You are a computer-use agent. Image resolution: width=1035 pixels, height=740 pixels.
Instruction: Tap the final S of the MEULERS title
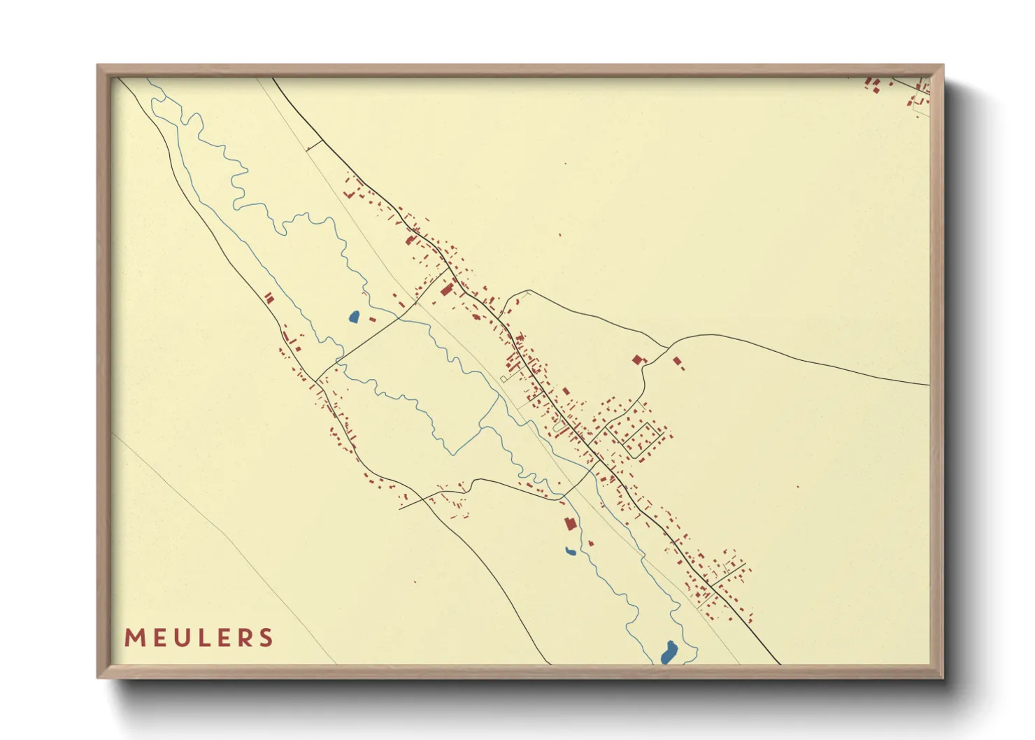(x=266, y=638)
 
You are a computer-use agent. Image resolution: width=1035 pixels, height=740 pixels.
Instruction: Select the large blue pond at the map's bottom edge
(x=669, y=653)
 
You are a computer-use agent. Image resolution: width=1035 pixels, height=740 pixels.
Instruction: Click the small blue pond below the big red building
(x=571, y=552)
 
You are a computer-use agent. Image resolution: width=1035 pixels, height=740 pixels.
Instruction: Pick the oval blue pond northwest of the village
(x=354, y=317)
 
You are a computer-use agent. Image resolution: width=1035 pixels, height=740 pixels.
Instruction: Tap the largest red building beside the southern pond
(x=570, y=523)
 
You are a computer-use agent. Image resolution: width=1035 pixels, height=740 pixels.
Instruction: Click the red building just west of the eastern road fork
(x=637, y=360)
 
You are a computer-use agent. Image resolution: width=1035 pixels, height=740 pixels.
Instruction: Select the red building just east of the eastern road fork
(x=677, y=362)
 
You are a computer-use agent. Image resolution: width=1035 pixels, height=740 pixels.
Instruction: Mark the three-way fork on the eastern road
(x=668, y=346)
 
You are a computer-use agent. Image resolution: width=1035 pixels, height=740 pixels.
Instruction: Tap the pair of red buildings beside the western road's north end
(x=269, y=298)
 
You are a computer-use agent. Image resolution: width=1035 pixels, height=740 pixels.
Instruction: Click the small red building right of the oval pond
(x=373, y=320)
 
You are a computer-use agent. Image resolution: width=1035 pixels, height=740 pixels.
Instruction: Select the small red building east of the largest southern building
(x=591, y=543)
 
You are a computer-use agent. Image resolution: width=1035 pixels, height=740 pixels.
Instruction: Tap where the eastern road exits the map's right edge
(x=928, y=385)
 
